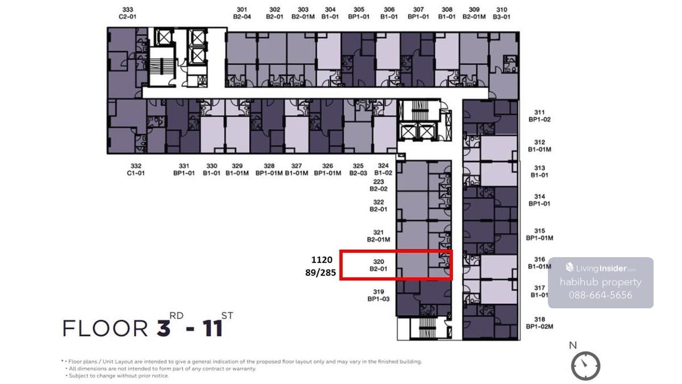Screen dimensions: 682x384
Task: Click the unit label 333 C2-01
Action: [x=127, y=14]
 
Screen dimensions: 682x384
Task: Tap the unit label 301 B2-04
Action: [x=242, y=14]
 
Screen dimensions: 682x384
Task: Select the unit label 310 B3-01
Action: [x=501, y=14]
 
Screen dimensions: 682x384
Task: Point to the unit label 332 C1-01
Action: [x=136, y=170]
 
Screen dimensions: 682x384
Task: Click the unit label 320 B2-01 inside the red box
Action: [x=379, y=265]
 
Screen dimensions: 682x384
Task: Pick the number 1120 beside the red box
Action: [x=322, y=259]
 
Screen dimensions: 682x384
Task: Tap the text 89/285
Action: [x=321, y=272]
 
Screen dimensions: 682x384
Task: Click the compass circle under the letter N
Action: [x=585, y=366]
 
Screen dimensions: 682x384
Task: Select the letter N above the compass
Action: [x=573, y=345]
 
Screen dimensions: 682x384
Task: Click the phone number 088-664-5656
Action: [x=600, y=295]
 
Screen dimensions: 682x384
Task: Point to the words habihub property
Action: [x=600, y=282]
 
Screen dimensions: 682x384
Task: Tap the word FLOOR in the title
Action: [x=105, y=328]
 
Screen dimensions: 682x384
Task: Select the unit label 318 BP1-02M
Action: [x=539, y=323]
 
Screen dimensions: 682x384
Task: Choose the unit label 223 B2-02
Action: [x=379, y=185]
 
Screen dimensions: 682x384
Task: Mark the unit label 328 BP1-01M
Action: [x=269, y=170]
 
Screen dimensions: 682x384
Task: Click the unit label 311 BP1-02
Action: [x=539, y=116]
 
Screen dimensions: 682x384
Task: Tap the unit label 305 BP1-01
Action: [x=359, y=14]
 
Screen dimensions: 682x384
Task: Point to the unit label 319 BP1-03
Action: [x=379, y=295]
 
